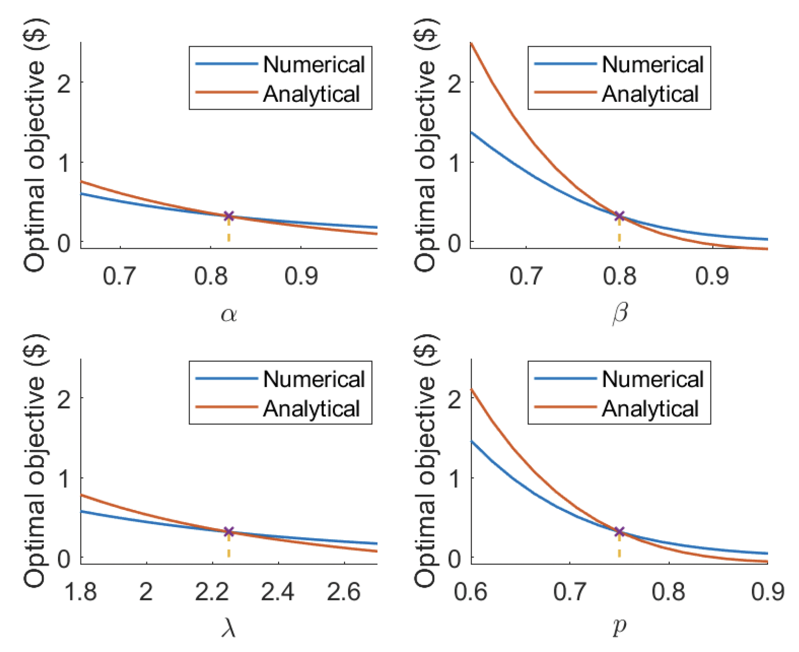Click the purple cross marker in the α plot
click(228, 216)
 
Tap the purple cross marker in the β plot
click(619, 216)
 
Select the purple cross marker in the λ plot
click(228, 532)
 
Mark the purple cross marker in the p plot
click(619, 532)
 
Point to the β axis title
click(620, 313)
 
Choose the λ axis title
click(228, 628)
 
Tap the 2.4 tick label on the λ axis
click(278, 592)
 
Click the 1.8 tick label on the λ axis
click(81, 592)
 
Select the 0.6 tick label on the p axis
click(471, 592)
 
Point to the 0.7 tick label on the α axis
click(119, 276)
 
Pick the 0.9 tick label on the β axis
click(712, 276)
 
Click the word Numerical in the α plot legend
click(314, 64)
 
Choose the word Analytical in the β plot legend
click(650, 94)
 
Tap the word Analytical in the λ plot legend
click(312, 409)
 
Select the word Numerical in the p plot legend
click(653, 379)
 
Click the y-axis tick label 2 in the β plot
click(455, 82)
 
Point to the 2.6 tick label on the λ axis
click(343, 592)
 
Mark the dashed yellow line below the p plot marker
click(619, 547)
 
